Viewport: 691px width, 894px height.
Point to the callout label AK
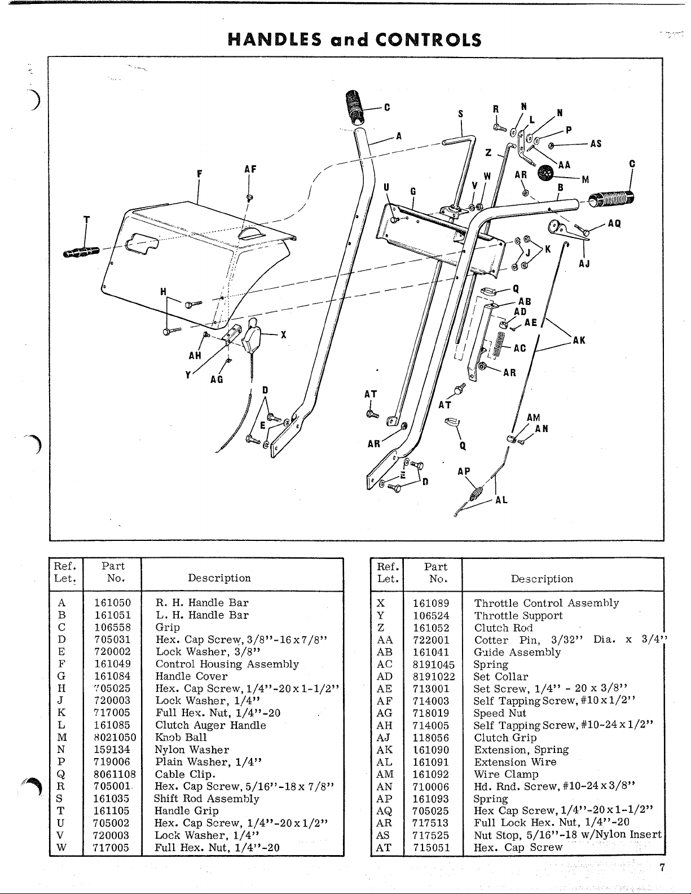(579, 340)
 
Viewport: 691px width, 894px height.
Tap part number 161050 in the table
(112, 602)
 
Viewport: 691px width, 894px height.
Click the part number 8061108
(115, 774)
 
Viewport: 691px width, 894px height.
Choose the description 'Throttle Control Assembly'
(546, 603)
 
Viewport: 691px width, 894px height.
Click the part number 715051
(432, 847)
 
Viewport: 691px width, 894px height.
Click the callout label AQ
(614, 223)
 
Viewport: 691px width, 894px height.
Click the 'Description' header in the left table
(219, 578)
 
